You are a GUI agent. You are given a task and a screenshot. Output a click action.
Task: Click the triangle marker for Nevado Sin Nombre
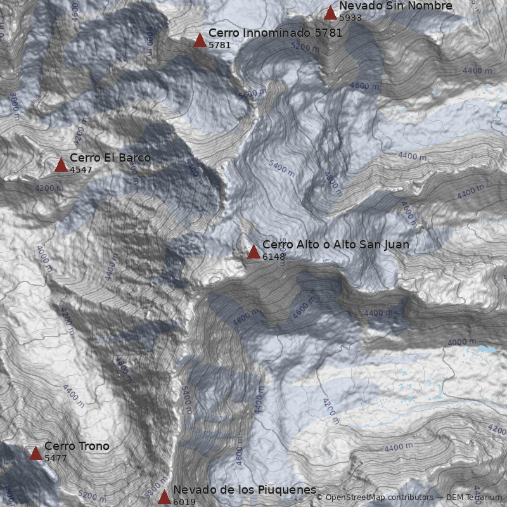330,13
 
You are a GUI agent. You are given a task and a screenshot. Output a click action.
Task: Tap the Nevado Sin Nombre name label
395,6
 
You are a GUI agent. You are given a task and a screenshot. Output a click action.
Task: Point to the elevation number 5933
350,18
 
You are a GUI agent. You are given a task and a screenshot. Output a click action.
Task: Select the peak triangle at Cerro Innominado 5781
200,40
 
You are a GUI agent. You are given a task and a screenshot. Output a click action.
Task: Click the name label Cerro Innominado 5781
275,33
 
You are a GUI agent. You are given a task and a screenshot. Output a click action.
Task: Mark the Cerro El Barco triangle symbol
61,165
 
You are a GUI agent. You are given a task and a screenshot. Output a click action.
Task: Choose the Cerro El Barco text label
110,158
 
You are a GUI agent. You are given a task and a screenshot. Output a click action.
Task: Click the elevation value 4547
81,170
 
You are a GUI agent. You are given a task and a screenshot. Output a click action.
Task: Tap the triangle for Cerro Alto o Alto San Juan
253,252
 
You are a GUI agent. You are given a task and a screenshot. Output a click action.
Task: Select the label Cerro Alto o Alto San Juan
335,245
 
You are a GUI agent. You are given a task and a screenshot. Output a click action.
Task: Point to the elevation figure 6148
274,257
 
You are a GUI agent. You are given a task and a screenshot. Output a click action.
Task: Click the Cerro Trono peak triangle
35,453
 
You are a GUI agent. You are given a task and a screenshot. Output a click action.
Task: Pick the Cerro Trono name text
77,446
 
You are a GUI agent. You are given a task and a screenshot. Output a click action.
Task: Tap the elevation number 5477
56,458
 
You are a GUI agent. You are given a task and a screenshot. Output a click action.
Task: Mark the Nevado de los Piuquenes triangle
164,497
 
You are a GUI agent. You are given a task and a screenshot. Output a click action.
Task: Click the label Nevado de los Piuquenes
244,490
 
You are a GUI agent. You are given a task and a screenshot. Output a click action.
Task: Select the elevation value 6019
184,502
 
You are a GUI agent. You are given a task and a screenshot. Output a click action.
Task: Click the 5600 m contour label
252,93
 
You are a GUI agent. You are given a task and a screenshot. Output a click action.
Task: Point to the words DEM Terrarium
473,497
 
